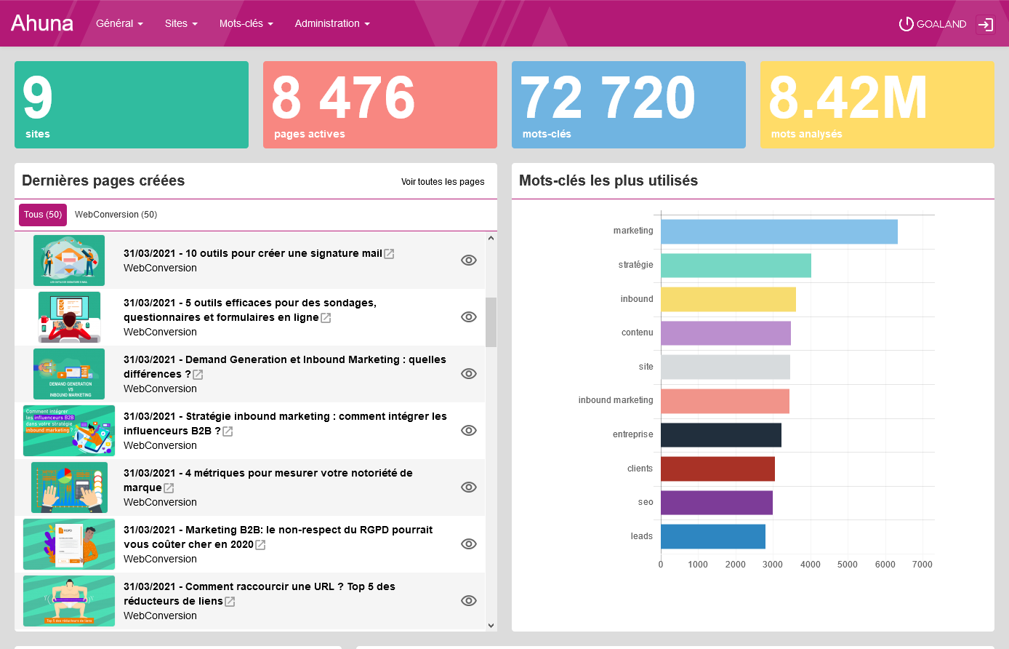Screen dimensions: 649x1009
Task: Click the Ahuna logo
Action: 42,23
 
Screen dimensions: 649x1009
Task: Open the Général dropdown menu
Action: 119,23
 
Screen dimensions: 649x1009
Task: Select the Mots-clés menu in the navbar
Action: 246,23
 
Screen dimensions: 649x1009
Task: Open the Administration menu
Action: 332,23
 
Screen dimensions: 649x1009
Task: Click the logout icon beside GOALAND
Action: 985,24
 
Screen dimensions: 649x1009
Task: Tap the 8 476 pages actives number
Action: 343,98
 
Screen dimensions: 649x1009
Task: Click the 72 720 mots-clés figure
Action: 608,98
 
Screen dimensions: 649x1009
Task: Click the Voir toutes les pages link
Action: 443,182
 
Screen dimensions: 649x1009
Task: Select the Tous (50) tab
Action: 43,215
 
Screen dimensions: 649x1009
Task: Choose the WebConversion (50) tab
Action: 116,215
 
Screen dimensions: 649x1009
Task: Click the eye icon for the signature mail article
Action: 469,260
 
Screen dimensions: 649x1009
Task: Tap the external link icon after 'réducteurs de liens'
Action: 230,602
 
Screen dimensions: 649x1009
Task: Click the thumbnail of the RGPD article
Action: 69,544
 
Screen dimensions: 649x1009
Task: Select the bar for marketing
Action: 779,231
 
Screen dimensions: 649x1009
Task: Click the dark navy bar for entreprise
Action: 720,435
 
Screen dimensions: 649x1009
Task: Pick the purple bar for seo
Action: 716,503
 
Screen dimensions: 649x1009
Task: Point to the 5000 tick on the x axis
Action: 848,565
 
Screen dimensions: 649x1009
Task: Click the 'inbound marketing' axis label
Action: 615,400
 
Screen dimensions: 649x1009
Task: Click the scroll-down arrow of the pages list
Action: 491,625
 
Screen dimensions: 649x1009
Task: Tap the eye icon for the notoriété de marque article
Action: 469,487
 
